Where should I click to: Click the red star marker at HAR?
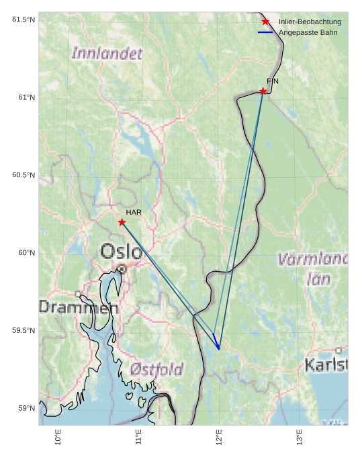[x=122, y=222]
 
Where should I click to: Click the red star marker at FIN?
[x=263, y=91]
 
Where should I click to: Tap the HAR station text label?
[x=134, y=212]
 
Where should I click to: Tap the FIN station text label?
[x=273, y=81]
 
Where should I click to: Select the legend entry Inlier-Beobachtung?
[x=310, y=22]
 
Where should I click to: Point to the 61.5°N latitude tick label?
[x=23, y=19]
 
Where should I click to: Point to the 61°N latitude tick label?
[x=26, y=97]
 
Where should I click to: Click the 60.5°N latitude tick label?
[x=23, y=175]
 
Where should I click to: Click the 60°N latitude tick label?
[x=26, y=253]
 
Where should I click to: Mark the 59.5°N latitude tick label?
[x=23, y=331]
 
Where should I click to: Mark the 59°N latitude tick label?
[x=26, y=408]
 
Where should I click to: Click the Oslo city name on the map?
[x=122, y=252]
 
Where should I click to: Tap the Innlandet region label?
[x=107, y=53]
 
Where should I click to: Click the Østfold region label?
[x=156, y=369]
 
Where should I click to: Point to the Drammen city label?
[x=78, y=308]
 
